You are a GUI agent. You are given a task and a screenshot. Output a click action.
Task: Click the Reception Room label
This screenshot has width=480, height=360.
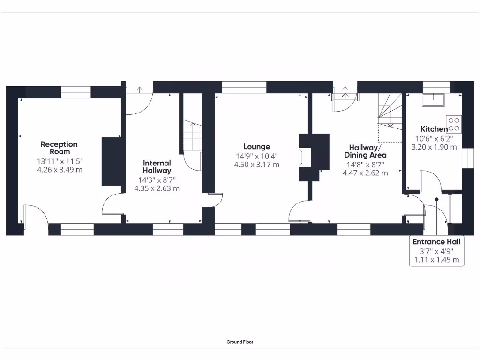[x=59, y=148]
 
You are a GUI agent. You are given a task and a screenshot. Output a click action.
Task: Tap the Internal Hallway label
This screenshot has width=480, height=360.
[x=157, y=166]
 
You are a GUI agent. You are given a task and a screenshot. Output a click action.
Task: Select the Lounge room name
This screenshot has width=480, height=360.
[x=256, y=147]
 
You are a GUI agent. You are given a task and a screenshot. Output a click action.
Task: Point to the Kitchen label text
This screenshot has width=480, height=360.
[x=434, y=129]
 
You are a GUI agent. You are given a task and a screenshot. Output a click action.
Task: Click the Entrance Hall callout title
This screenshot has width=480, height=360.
[x=436, y=242]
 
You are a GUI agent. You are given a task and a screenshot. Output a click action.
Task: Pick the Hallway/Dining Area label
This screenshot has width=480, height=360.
[x=366, y=151]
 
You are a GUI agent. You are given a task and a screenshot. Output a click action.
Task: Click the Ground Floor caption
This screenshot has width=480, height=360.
[x=240, y=342]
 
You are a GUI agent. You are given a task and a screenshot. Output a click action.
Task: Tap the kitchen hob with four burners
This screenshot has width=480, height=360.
[x=454, y=124]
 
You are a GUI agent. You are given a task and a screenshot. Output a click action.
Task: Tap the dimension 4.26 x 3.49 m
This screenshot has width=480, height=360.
[x=60, y=170]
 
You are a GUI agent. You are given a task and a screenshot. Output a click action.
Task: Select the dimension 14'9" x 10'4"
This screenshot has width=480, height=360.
[x=256, y=156]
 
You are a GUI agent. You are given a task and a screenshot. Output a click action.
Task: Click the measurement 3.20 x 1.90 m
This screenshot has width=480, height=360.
[x=434, y=147]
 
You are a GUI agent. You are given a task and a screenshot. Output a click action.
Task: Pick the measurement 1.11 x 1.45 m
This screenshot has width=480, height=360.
[x=436, y=259]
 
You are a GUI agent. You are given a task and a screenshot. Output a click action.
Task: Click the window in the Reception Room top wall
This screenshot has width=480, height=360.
[x=75, y=95]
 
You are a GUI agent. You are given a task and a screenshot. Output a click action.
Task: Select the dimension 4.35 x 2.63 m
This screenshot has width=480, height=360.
[x=157, y=188]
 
